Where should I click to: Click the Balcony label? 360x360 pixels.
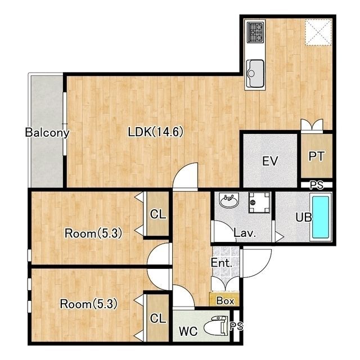point(47,133)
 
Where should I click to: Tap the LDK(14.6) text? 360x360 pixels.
point(156,132)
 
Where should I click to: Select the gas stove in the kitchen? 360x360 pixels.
point(255,33)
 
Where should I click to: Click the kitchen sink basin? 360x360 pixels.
point(255,74)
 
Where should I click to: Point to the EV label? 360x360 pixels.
point(270,161)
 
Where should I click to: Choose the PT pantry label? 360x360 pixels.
point(316,156)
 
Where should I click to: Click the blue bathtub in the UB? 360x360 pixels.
point(321,217)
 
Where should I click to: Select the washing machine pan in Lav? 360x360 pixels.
point(259,202)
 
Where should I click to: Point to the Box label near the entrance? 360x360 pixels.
point(225,301)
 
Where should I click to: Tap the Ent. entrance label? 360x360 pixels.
point(222,263)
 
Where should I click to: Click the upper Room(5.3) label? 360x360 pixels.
point(93,233)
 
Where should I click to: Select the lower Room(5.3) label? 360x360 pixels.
point(89,304)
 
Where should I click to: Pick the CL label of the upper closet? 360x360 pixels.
point(158,214)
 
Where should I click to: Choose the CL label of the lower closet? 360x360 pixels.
point(158,318)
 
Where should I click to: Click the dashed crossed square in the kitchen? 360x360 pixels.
point(318,32)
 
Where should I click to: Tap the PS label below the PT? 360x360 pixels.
point(317,185)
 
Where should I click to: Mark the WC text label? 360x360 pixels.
point(188,331)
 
